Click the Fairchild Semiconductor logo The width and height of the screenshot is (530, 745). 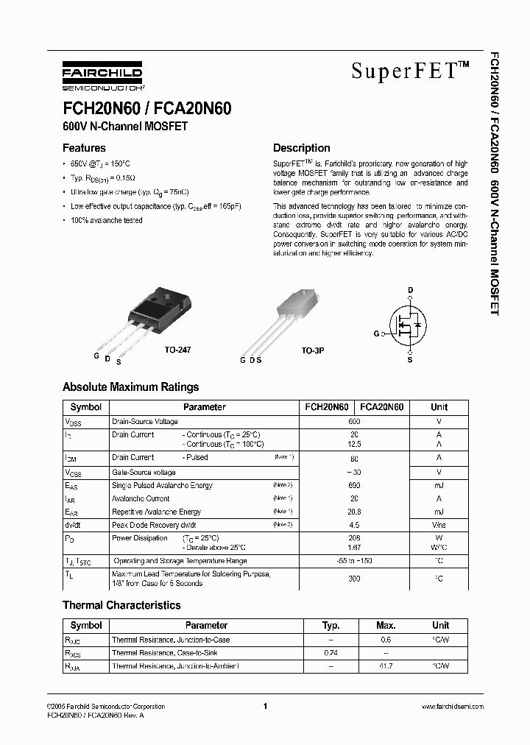click(x=102, y=75)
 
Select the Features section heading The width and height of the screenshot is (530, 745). click(x=84, y=148)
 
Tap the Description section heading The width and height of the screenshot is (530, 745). click(x=302, y=148)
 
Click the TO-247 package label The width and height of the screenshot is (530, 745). click(x=178, y=350)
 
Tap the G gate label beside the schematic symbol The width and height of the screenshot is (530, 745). click(x=376, y=334)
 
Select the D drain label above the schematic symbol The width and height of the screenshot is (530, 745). click(x=410, y=289)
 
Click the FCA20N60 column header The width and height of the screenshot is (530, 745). click(x=381, y=407)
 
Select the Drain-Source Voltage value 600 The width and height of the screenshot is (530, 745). click(x=354, y=422)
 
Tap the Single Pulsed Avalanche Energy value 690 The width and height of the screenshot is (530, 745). click(x=354, y=486)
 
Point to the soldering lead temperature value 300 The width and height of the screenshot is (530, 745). click(x=354, y=579)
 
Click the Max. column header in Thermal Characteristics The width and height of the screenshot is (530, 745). click(x=386, y=626)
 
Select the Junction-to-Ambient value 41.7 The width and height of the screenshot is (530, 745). click(x=386, y=665)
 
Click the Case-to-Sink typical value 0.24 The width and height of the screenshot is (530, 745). click(x=331, y=653)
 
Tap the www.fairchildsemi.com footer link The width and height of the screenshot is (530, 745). click(x=452, y=707)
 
